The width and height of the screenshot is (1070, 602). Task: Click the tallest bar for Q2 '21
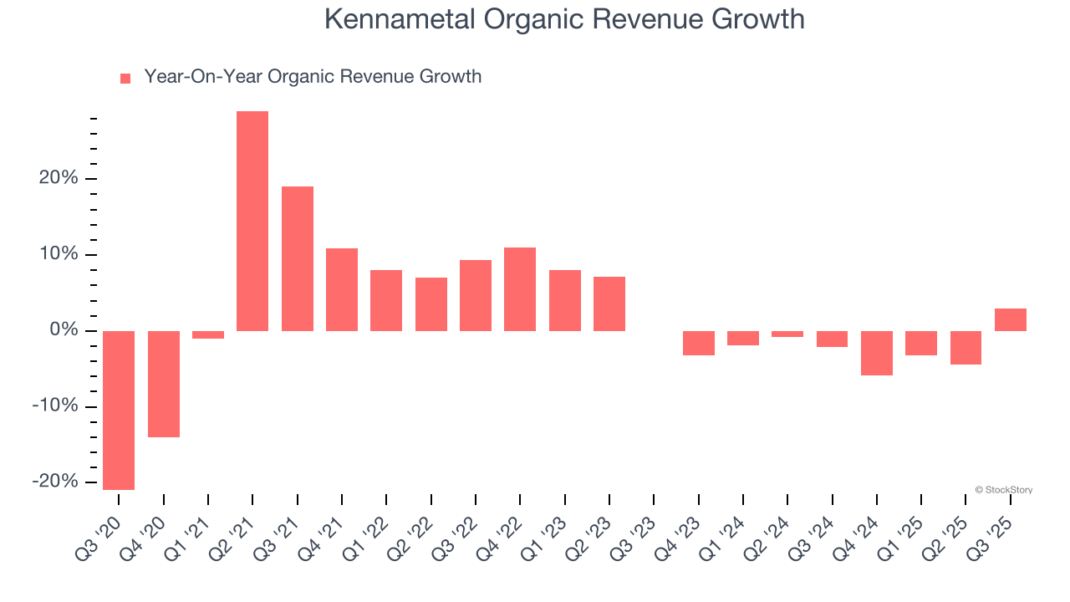pyautogui.click(x=252, y=221)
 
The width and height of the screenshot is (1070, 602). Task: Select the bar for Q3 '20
pyautogui.click(x=119, y=410)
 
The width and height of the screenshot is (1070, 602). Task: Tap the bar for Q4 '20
pyautogui.click(x=164, y=384)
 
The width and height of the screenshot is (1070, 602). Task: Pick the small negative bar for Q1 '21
pyautogui.click(x=208, y=334)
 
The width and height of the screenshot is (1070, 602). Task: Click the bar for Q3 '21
pyautogui.click(x=298, y=258)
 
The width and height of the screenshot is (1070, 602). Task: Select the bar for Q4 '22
pyautogui.click(x=520, y=289)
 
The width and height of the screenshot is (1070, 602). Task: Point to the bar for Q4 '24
pyautogui.click(x=877, y=353)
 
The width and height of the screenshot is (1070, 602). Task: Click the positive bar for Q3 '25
pyautogui.click(x=1011, y=319)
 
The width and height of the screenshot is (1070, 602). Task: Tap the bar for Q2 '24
pyautogui.click(x=787, y=334)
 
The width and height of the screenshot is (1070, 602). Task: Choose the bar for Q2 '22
pyautogui.click(x=431, y=304)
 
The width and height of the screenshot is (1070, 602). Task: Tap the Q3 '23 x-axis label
pyautogui.click(x=634, y=534)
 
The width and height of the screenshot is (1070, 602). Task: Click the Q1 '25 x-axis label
pyautogui.click(x=902, y=534)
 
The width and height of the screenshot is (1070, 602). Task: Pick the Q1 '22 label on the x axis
pyautogui.click(x=367, y=534)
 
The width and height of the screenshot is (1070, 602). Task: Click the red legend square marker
pyautogui.click(x=125, y=79)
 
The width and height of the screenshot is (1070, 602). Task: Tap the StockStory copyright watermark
pyautogui.click(x=1003, y=490)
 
